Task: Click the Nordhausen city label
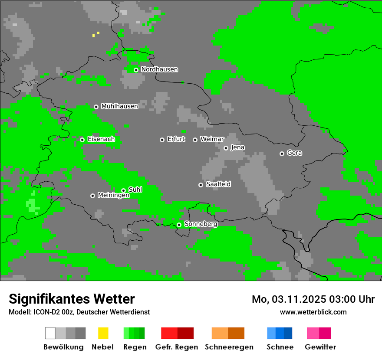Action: (159, 69)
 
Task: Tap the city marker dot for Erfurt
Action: (162, 140)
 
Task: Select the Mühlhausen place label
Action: (119, 106)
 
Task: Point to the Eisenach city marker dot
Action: (82, 140)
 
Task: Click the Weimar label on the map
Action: (212, 139)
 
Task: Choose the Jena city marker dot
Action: (226, 148)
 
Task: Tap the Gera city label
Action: (294, 153)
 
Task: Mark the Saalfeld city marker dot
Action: (201, 185)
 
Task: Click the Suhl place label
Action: (135, 190)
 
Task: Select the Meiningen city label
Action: (113, 196)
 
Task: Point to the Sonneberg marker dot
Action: (179, 225)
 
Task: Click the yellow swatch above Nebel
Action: (103, 333)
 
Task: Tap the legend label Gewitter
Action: (320, 347)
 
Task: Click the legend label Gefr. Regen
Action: (176, 347)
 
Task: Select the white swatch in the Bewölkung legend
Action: (50, 333)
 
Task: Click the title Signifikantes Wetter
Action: (72, 299)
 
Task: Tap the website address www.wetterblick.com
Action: (313, 312)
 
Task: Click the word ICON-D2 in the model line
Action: (46, 312)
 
